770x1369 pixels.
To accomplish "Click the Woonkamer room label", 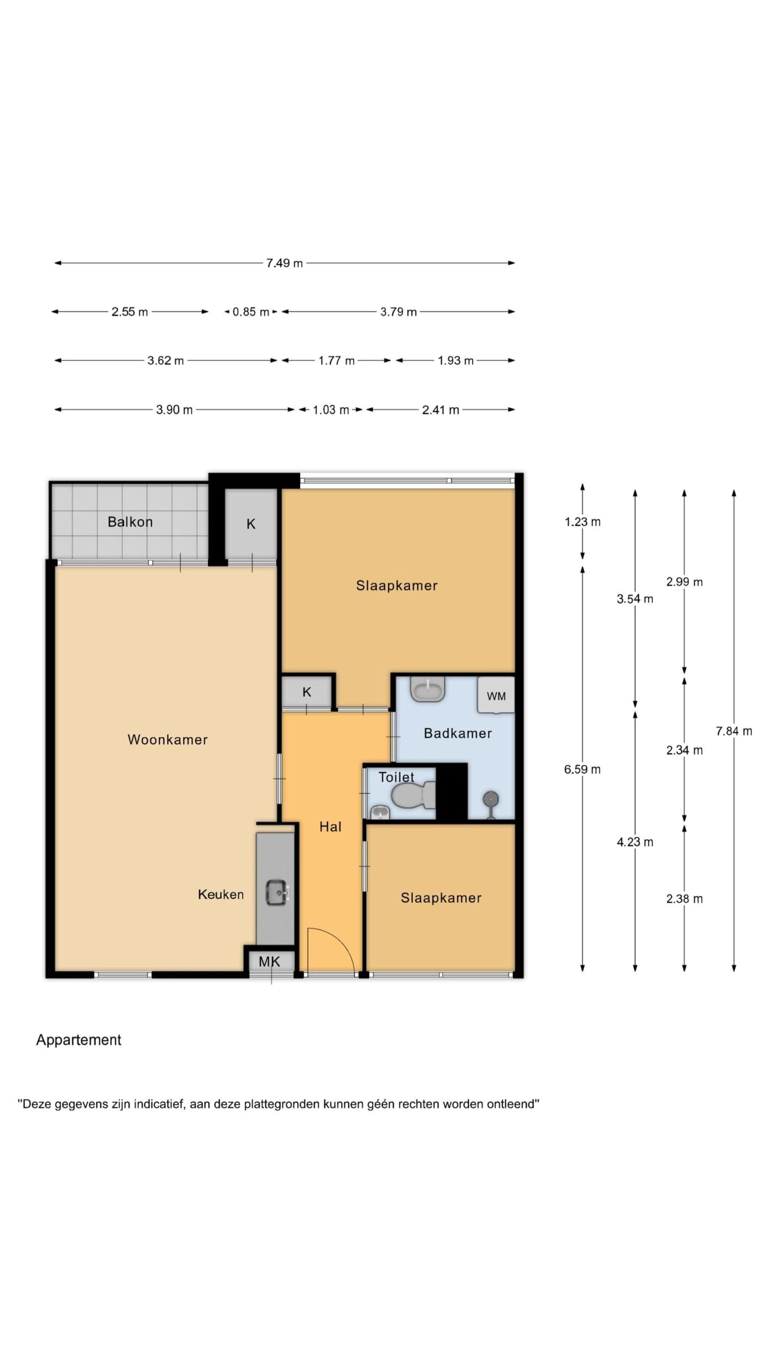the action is [167, 740].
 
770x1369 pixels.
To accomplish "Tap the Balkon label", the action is [130, 522].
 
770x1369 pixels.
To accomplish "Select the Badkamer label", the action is [458, 733].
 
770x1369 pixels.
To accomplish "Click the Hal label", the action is [330, 827].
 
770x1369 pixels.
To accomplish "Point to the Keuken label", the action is [221, 894].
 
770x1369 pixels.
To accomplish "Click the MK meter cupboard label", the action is [269, 962].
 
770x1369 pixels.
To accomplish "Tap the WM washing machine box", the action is [496, 695].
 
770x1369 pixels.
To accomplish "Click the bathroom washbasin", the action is [428, 689].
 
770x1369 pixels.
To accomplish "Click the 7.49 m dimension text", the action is [284, 263].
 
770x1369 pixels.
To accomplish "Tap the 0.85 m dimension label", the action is [251, 312].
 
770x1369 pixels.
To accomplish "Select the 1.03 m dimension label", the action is [330, 410].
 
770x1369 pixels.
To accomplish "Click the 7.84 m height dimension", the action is [734, 731].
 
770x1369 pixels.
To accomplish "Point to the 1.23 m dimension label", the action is [583, 522].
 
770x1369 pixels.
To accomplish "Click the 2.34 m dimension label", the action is [684, 750].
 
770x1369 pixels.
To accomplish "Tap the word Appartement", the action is [79, 1040].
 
